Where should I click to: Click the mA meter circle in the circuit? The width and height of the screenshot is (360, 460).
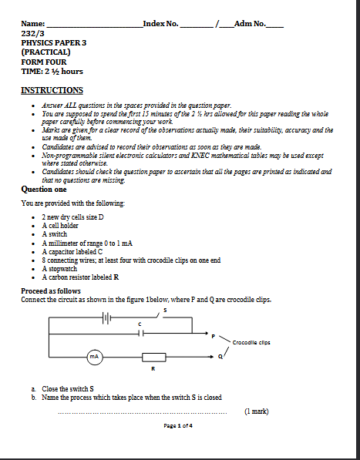pos(95,357)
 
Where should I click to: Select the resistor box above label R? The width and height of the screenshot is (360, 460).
pos(154,357)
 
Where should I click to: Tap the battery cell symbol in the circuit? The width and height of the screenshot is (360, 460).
pos(106,317)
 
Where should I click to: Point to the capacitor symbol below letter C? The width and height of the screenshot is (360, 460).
pos(141,334)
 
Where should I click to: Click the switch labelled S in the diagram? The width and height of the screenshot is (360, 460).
pos(160,316)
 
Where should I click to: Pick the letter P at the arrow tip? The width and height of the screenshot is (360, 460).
pos(214,336)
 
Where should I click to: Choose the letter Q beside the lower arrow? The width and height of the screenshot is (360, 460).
pos(220,357)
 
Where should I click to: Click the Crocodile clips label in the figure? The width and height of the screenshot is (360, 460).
pos(251,342)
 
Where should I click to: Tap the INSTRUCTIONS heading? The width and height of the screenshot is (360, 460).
pos(52,90)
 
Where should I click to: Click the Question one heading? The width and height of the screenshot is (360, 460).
pos(44,190)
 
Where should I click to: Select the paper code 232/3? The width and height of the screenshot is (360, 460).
pos(32,33)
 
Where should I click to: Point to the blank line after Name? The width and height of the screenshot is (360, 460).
pos(95,27)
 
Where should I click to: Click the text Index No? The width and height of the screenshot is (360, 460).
pos(161,23)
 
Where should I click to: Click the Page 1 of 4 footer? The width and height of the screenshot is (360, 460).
pos(178,425)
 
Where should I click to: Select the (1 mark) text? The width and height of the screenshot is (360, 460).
pos(257,411)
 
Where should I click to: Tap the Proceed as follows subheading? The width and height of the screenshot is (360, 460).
pos(51,291)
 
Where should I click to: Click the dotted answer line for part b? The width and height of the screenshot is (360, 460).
pos(143,413)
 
